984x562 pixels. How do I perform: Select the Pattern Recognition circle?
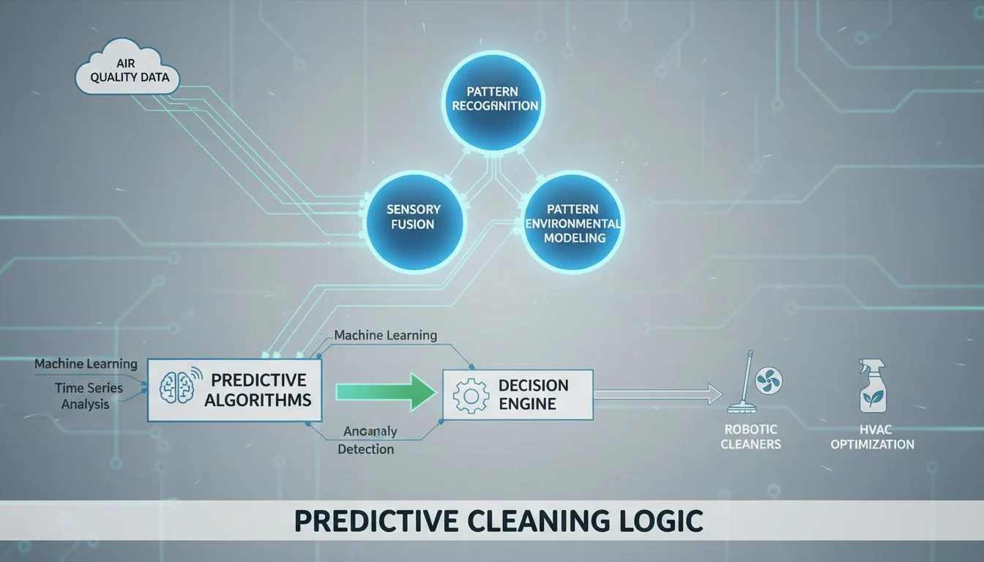coord(495,99)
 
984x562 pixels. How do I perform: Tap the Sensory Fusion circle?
coord(414,217)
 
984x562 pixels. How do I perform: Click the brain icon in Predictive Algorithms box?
coord(178,390)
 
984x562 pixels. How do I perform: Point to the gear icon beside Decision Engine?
coord(471,395)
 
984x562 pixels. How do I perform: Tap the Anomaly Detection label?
coord(365,441)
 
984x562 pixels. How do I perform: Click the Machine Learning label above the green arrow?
coord(385,335)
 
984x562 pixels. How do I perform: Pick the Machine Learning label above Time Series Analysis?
coord(86,364)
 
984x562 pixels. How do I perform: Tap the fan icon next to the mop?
coord(769,381)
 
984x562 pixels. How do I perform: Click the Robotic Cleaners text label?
coord(750,437)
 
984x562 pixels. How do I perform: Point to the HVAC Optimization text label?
coord(872,437)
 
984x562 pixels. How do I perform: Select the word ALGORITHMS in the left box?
coord(258,400)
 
